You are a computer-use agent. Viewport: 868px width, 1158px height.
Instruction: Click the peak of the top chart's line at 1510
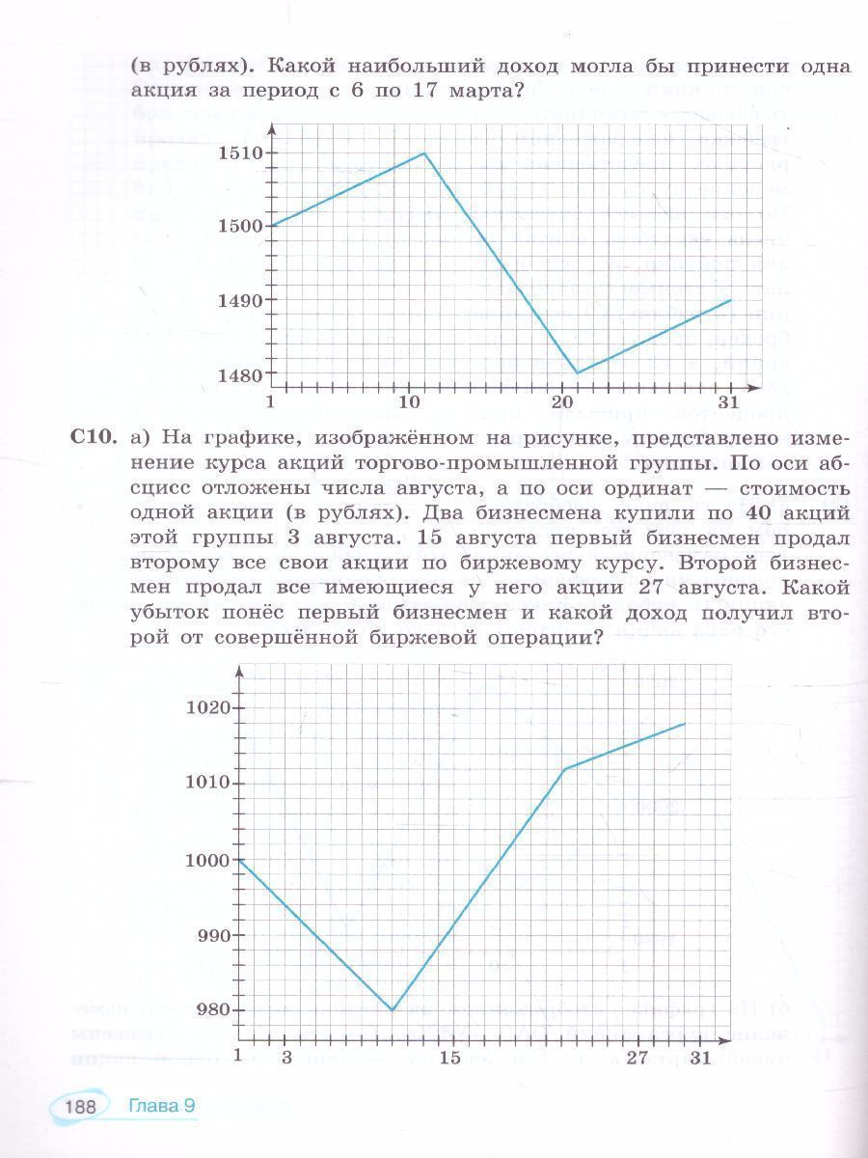pos(424,152)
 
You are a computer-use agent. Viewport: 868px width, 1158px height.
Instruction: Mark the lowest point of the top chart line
pos(577,372)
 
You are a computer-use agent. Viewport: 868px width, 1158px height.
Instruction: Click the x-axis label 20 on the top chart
pos(561,401)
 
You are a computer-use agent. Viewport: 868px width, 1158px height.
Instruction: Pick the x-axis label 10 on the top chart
pos(409,401)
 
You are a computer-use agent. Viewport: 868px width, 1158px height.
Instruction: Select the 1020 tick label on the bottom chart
pos(207,707)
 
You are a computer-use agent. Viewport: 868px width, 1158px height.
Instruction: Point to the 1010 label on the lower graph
pos(207,783)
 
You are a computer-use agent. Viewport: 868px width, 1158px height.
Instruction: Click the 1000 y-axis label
pos(207,860)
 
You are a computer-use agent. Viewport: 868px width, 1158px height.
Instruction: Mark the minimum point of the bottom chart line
pos(393,1009)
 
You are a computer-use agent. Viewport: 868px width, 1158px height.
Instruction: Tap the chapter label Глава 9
pos(162,1106)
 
